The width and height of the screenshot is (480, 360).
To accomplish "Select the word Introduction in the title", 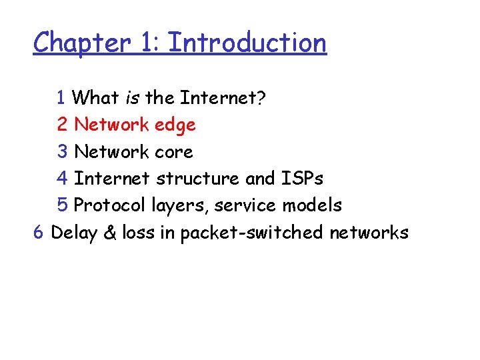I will click(x=247, y=43).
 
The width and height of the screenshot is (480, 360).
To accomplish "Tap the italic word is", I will click(x=131, y=98).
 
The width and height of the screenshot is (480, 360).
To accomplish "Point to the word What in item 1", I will click(x=95, y=98).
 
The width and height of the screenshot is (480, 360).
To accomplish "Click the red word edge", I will click(x=175, y=125).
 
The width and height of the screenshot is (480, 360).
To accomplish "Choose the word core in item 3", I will click(x=173, y=152).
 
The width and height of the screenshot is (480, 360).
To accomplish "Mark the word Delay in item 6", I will click(x=73, y=233).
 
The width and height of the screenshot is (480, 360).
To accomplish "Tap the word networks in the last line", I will click(x=369, y=233).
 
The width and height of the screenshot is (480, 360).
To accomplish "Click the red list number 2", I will click(x=62, y=125).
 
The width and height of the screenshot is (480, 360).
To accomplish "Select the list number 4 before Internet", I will click(x=62, y=179).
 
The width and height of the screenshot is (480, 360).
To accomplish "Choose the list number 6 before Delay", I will click(x=39, y=233).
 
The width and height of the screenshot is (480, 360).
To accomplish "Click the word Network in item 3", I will click(x=111, y=152).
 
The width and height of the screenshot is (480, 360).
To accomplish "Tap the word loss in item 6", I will click(x=139, y=233).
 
